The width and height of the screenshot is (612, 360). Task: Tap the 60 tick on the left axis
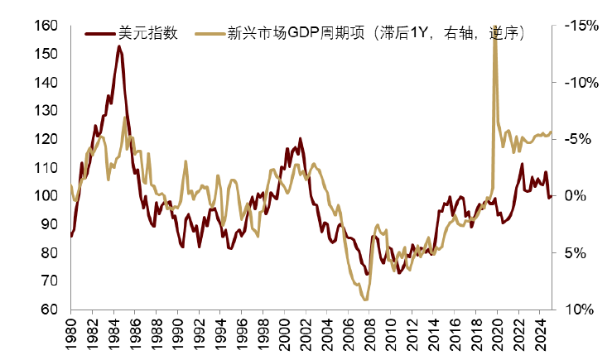pos(51,309)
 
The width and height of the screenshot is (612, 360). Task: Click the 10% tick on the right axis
pos(580,309)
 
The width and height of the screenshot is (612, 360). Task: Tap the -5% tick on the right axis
pos(579,139)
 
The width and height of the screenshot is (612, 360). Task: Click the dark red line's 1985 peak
pos(118,46)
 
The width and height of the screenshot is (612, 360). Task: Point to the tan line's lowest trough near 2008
pos(366,300)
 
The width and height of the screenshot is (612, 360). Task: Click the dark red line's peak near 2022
pos(523,164)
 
